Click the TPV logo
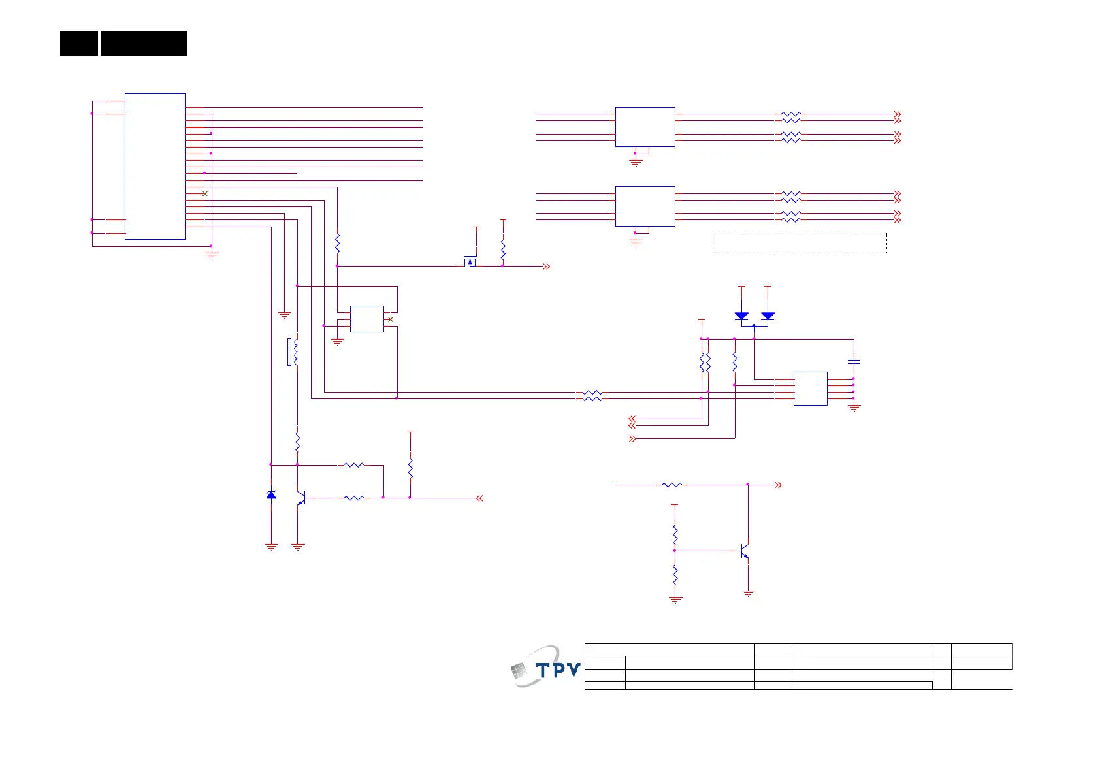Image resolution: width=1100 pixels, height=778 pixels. coord(545,667)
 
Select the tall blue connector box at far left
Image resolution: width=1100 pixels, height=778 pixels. coord(155,167)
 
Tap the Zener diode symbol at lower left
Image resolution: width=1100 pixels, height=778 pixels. coord(271,494)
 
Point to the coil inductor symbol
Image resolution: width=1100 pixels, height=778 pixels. coord(296,351)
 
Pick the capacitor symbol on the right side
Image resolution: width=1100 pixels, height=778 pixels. coord(853,361)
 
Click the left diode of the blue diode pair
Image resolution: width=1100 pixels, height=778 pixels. coord(741,316)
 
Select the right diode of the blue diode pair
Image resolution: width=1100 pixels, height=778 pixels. coord(768,316)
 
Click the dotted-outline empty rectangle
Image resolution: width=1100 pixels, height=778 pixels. coord(800,242)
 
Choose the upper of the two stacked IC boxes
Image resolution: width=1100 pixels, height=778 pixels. coord(645,127)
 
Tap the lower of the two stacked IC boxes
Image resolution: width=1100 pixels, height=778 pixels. coord(645,206)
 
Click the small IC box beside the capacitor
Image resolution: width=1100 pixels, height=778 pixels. coord(810,389)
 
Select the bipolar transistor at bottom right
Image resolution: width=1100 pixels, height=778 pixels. coord(745,551)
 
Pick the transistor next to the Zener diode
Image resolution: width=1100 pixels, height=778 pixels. coord(300,498)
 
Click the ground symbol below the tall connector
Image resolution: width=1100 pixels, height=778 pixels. coord(211,255)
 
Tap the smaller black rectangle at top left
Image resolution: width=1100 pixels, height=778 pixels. coord(78,43)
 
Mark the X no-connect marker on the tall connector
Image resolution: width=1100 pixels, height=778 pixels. coord(204,193)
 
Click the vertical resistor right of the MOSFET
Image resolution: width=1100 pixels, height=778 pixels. coord(502,250)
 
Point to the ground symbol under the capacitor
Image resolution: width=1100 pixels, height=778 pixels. coord(854,408)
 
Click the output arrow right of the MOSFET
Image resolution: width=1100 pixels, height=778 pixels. coord(546,266)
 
